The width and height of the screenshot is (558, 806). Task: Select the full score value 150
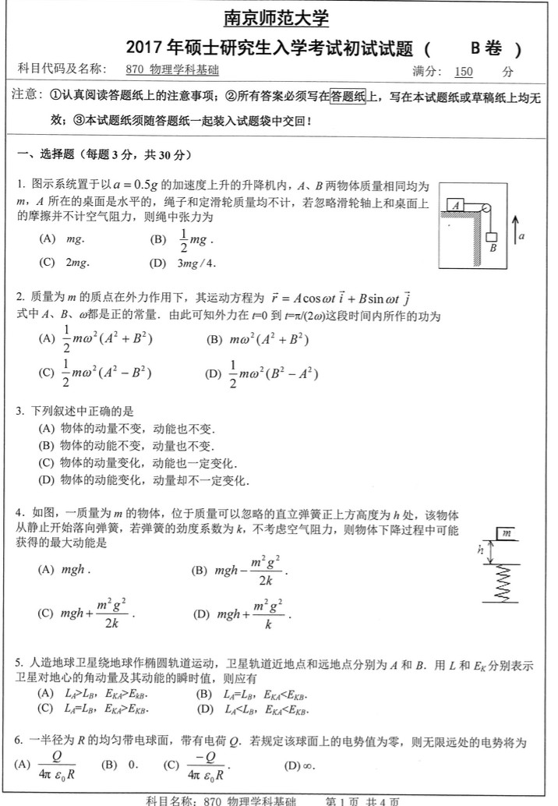(x=464, y=72)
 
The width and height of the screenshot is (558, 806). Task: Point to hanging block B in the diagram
(x=493, y=238)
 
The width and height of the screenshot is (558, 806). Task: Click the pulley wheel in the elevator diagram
(x=485, y=209)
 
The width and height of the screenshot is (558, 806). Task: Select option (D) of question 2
(x=262, y=374)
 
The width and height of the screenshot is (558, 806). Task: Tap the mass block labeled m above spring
(x=507, y=533)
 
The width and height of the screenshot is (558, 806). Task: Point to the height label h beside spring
(x=481, y=550)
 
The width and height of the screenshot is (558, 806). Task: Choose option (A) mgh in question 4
(x=65, y=570)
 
